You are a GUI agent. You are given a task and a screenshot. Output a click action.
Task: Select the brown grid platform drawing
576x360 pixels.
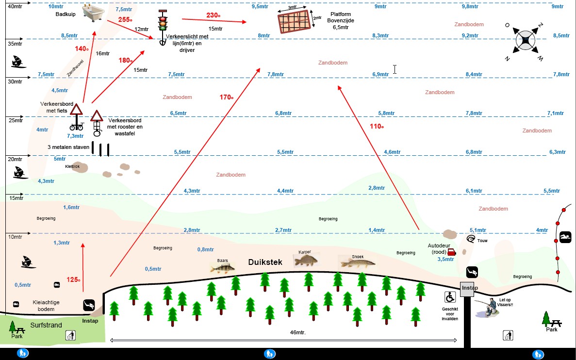click(x=294, y=22)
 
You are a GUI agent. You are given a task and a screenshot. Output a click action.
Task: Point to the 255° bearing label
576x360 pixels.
click(x=125, y=20)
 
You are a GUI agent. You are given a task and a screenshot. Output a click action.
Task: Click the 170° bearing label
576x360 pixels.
click(x=227, y=98)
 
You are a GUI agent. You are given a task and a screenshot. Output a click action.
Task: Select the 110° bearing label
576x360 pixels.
click(x=377, y=126)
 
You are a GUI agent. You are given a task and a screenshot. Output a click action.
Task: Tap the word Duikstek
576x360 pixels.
click(x=265, y=262)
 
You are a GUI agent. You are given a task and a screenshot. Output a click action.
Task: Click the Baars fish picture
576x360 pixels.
click(x=222, y=266)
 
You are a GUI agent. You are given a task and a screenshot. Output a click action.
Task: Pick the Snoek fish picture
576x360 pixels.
click(x=358, y=262)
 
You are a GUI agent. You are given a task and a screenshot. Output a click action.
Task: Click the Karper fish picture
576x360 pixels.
click(x=306, y=260)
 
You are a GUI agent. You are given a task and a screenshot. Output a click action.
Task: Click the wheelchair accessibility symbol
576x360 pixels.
click(x=450, y=297)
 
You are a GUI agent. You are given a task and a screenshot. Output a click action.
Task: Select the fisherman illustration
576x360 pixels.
click(x=488, y=307)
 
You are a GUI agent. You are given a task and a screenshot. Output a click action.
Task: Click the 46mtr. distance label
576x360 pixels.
click(x=298, y=332)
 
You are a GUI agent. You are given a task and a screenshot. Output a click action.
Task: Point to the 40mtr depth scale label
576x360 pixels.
click(x=15, y=6)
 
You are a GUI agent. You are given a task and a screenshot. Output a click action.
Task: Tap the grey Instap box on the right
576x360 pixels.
click(x=469, y=288)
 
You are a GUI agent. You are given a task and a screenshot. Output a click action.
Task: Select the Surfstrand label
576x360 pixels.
click(x=46, y=325)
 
